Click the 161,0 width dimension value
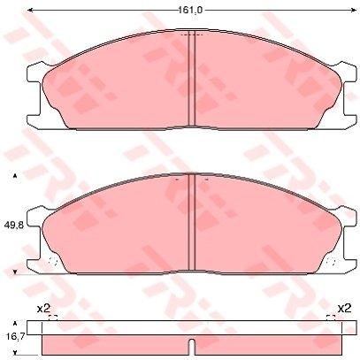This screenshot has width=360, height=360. click(190, 11)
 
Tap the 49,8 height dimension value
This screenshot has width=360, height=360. click(13, 226)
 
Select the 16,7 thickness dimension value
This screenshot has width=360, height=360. click(13, 336)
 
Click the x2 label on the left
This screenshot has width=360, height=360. click(43, 309)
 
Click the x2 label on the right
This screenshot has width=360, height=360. click(344, 309)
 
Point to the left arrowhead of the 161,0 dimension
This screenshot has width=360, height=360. click(30, 11)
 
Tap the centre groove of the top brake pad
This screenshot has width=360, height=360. click(192, 79)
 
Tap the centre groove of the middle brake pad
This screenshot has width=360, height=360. click(192, 222)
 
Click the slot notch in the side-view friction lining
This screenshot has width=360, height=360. click(192, 347)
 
